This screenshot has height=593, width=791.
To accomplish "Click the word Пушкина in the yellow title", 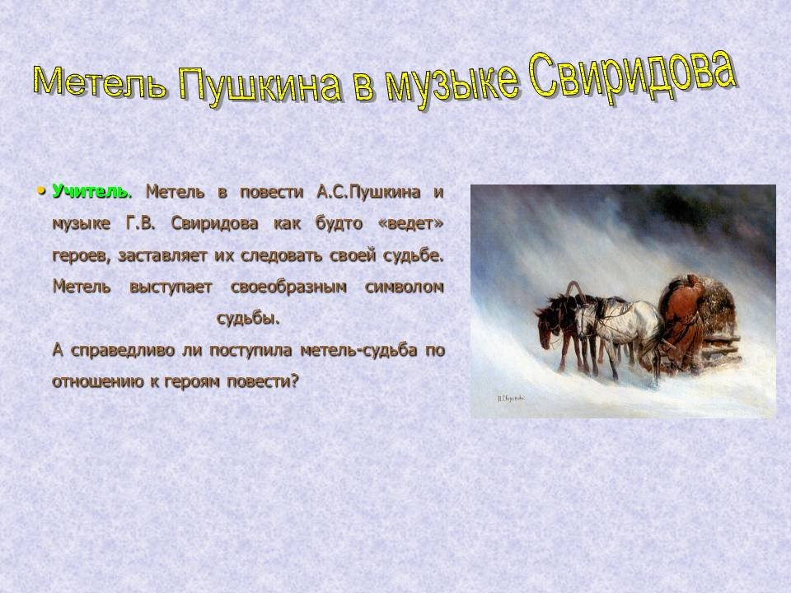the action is pos(260,86).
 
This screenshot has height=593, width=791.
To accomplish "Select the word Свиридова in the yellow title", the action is pos(630,77).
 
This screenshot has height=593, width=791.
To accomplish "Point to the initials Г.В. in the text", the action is pos(140,223).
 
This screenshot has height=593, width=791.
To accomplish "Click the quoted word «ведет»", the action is pos(410,223).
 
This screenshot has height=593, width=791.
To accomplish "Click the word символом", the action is pos(404,287).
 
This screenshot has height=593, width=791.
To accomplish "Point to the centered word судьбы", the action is pos(248,319).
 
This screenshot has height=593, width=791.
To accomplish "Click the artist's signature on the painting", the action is pos(511,399).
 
